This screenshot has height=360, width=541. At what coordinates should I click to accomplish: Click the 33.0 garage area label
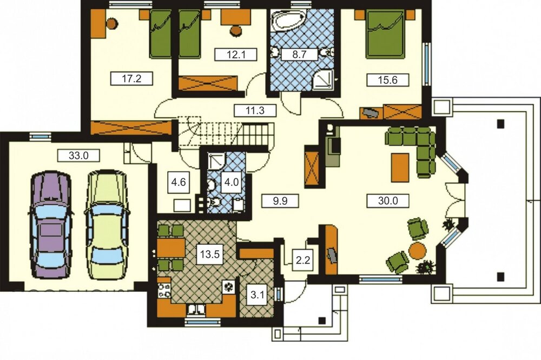point(78,156)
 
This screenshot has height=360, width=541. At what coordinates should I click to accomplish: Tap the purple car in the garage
point(51,224)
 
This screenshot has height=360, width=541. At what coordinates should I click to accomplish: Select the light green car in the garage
point(107,224)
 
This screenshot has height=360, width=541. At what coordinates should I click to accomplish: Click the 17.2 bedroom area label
point(131,78)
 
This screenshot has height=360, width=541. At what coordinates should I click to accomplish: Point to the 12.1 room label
point(236,55)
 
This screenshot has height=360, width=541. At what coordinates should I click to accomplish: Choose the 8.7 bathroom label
point(299,55)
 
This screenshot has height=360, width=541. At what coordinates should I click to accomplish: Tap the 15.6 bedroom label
point(388,80)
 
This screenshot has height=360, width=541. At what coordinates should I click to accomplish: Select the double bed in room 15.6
point(385,35)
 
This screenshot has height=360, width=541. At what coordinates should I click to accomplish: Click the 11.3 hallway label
point(255,110)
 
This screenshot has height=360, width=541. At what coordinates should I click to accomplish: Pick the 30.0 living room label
point(388,201)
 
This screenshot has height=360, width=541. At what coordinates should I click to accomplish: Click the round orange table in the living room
point(418,251)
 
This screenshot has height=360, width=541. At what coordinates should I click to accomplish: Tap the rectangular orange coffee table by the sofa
point(400,168)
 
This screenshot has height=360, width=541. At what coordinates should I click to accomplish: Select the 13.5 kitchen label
point(210,255)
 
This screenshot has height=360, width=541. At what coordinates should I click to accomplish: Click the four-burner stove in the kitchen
point(164,290)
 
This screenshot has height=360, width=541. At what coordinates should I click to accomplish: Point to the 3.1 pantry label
point(258,295)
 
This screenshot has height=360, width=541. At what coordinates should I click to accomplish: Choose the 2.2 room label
point(303,260)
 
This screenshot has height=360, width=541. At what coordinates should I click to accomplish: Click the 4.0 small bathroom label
point(232,182)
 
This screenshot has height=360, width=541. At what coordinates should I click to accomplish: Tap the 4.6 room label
point(179,182)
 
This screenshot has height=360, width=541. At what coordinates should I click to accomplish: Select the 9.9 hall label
point(280,201)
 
